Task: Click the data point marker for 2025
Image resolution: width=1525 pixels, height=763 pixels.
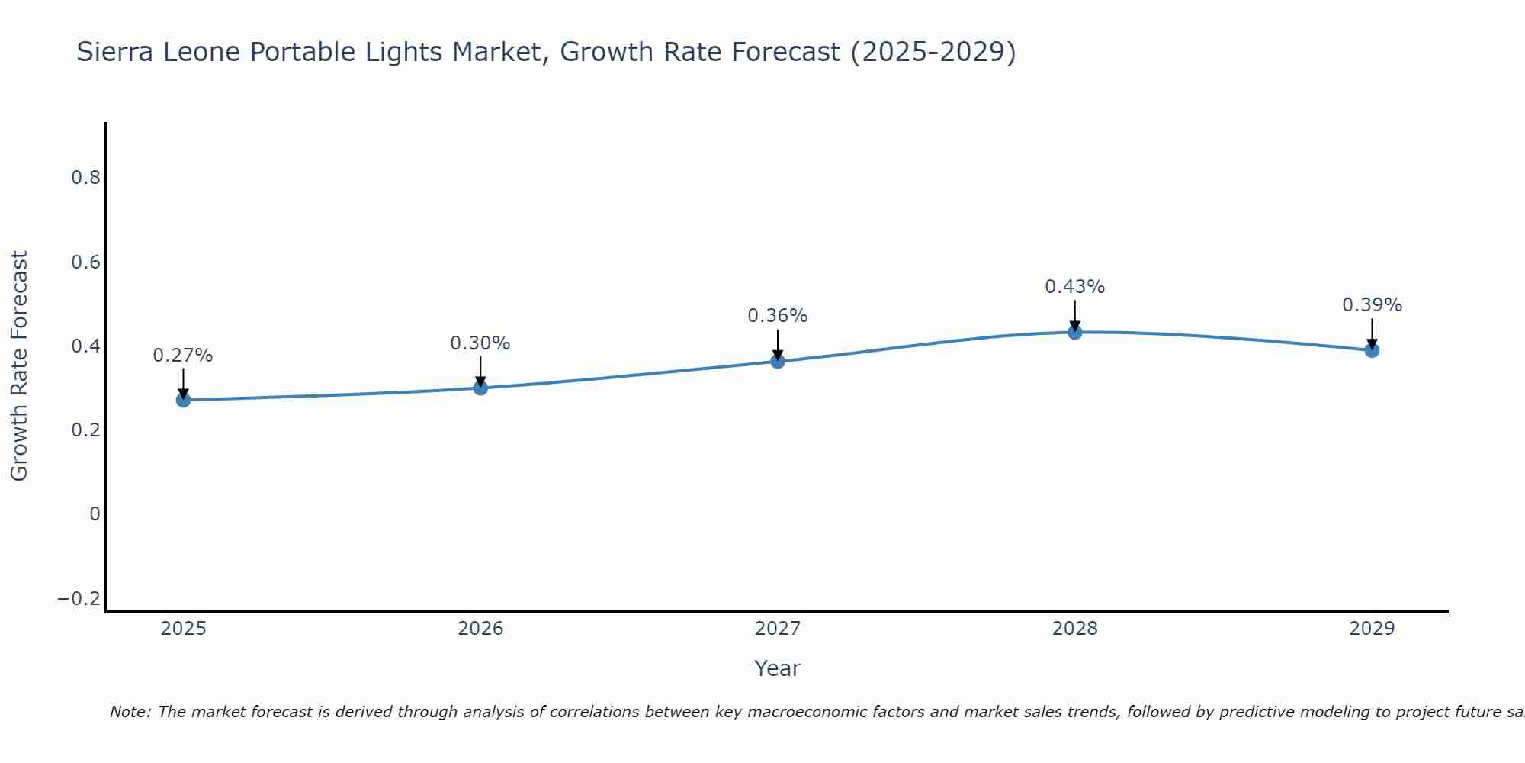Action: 183,400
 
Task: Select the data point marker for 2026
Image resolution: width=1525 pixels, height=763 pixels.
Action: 480,388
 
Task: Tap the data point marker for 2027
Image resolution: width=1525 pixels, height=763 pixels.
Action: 778,361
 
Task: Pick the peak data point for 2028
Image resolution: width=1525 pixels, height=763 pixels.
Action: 1075,332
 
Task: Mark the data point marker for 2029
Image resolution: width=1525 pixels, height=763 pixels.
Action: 1372,350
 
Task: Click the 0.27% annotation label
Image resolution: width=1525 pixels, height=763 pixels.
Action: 183,356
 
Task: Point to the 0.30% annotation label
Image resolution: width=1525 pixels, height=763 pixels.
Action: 480,343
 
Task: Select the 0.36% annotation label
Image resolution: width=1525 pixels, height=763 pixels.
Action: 778,316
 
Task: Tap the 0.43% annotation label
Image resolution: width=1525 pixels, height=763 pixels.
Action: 1075,287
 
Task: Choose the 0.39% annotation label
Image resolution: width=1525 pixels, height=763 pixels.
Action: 1372,305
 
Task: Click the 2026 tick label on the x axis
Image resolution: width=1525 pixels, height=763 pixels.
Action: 480,629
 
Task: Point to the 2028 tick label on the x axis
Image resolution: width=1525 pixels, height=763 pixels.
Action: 1075,629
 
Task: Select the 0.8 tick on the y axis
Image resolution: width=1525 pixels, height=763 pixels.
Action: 85,178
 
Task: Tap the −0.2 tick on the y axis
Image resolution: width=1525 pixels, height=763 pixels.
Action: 79,599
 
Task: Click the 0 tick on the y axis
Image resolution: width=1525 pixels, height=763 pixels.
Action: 95,514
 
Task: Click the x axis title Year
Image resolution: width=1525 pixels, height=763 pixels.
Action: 777,668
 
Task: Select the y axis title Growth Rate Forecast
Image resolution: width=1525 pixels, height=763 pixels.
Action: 19,366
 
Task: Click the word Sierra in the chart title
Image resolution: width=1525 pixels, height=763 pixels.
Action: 120,52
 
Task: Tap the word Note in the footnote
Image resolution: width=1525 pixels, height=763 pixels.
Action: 130,712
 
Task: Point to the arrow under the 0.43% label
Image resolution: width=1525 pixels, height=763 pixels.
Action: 1075,314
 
